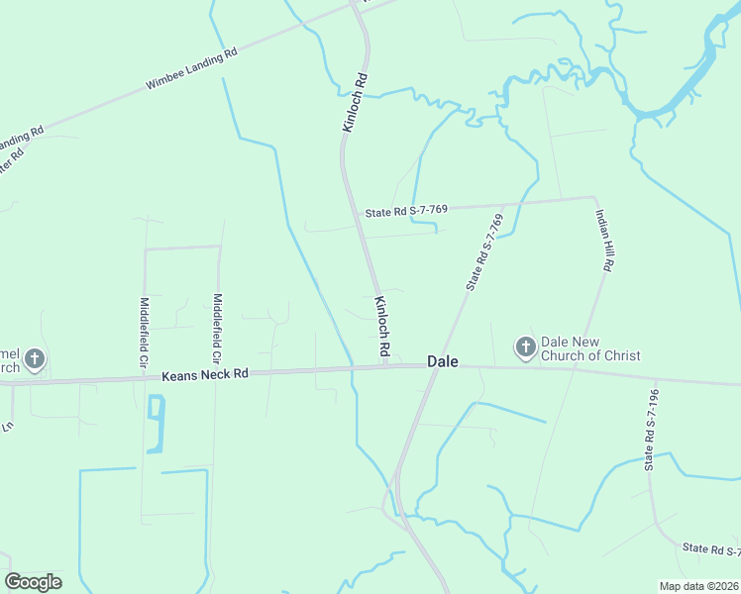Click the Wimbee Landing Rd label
pos(191,69)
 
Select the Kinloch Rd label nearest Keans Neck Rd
pos(381,327)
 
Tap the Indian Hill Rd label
pos(603,241)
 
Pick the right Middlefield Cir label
pos(218,327)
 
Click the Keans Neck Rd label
pos(204,375)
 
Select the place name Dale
pos(443,362)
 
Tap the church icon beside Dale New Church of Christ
pos(525,347)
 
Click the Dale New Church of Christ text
pos(590,348)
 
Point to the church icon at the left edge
pos(35,359)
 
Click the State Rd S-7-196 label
pos(650,426)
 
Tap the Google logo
pos(33,582)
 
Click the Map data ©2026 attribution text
pos(699,586)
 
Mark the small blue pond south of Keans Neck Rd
pos(155,424)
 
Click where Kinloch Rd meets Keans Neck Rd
pos(383,366)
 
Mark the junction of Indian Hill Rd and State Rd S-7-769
pos(593,197)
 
